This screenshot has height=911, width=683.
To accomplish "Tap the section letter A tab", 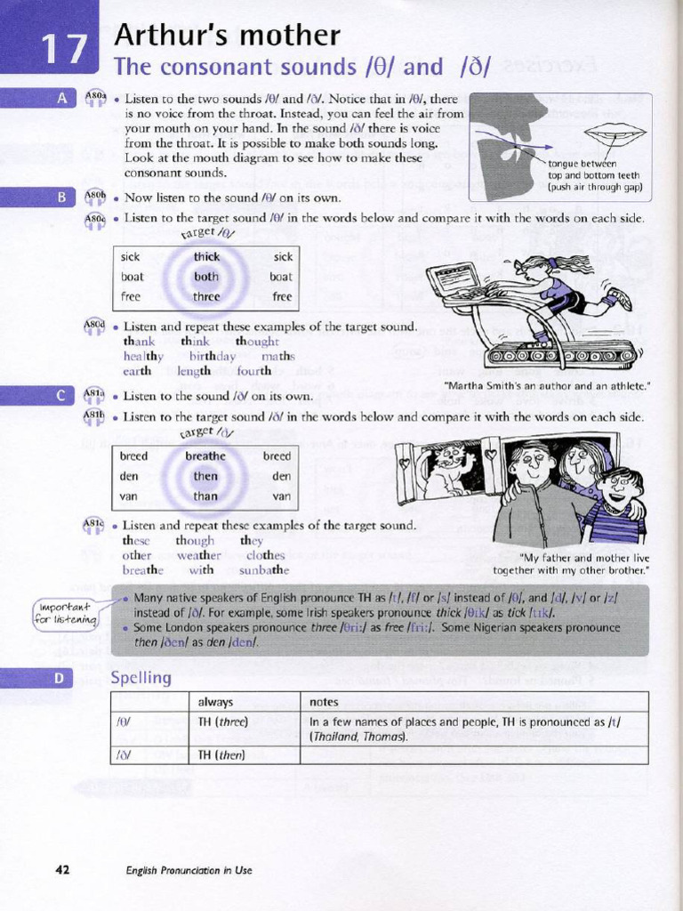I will [x=61, y=99].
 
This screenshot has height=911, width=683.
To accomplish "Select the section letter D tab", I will [x=59, y=678].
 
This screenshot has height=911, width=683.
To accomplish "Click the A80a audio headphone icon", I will [x=95, y=99].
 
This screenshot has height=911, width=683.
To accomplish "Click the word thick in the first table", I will [x=206, y=257].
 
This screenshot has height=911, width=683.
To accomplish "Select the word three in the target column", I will [x=206, y=296].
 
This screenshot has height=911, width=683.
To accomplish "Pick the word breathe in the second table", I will [x=205, y=456].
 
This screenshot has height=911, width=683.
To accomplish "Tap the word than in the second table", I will [x=205, y=496].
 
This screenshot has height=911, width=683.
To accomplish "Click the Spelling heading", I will [x=141, y=678].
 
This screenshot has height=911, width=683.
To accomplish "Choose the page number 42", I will [x=62, y=869].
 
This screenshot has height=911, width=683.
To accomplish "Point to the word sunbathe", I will [x=264, y=569].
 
